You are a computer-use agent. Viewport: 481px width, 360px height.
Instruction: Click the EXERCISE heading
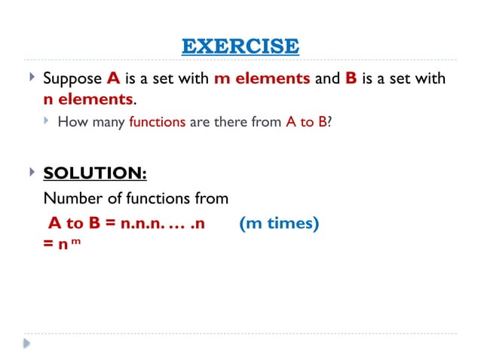240,46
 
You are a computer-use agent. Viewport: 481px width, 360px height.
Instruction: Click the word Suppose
72,79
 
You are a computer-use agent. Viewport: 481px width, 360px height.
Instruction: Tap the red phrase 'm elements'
262,79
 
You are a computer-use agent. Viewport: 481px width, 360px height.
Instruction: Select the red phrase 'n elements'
88,99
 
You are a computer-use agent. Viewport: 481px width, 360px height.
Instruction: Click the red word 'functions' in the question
157,121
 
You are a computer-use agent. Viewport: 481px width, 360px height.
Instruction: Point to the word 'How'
72,121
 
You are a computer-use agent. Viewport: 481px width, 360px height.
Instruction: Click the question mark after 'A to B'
329,121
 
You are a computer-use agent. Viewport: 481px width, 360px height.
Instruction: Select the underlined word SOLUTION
95,173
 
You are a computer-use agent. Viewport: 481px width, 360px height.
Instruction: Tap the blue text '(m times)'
278,223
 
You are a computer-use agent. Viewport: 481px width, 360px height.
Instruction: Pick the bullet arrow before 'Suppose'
31,78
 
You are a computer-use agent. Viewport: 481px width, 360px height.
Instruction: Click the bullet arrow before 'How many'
47,120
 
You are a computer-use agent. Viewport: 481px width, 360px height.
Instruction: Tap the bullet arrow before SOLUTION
31,172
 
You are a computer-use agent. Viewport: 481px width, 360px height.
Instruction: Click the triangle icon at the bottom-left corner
27,343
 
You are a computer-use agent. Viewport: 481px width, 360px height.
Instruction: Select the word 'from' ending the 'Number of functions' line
210,198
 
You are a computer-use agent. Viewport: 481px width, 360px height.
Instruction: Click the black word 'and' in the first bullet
327,79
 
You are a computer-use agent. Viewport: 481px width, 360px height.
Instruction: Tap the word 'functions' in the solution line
160,198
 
